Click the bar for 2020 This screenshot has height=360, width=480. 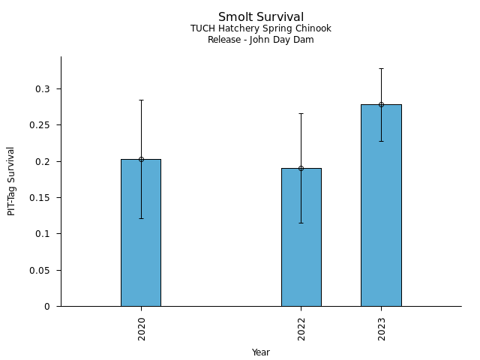click(x=141, y=232)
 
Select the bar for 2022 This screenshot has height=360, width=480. click(x=301, y=237)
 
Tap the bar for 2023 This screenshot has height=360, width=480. click(x=381, y=205)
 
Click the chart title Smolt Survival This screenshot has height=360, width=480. click(x=261, y=17)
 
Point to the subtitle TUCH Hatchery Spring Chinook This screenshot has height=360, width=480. click(x=261, y=28)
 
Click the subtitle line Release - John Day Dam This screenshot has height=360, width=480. click(x=261, y=40)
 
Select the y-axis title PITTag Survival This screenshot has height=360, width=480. click(x=12, y=181)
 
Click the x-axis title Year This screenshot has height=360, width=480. click(x=261, y=352)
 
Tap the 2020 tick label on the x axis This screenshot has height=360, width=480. click(x=142, y=328)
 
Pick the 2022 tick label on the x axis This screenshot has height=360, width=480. click(x=301, y=328)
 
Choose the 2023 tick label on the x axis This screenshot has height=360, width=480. click(x=382, y=328)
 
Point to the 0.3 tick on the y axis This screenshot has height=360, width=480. click(x=43, y=89)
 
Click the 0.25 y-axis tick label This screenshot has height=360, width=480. click(x=40, y=125)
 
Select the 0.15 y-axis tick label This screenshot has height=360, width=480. click(x=40, y=198)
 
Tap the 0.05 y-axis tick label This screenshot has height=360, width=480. click(x=40, y=270)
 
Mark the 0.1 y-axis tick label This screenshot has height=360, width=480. click(x=43, y=234)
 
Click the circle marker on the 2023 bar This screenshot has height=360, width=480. click(x=381, y=104)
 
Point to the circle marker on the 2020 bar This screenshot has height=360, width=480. click(x=141, y=159)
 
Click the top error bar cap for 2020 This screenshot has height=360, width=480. click(x=141, y=100)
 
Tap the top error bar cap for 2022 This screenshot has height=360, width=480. click(x=301, y=113)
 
